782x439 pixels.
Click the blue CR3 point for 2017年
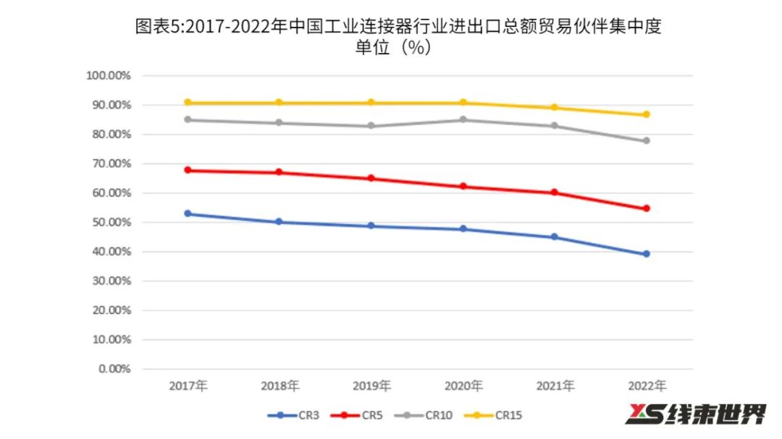(x=188, y=213)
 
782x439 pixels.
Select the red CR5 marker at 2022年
(x=647, y=208)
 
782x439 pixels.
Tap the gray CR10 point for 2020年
(x=463, y=119)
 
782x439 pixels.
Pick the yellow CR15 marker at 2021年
(x=555, y=107)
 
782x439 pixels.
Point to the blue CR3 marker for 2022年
(x=647, y=254)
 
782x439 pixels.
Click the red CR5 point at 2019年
(x=371, y=178)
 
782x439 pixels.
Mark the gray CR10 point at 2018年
(x=279, y=122)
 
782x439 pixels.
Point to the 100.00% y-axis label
(x=108, y=76)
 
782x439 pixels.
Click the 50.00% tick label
(x=111, y=223)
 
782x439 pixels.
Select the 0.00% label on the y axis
(x=114, y=369)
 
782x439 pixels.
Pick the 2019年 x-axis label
(x=371, y=385)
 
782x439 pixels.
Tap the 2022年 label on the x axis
(x=647, y=385)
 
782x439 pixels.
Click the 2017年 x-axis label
(x=188, y=385)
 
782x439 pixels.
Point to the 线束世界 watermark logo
(x=695, y=414)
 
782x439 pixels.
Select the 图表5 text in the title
(x=156, y=27)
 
